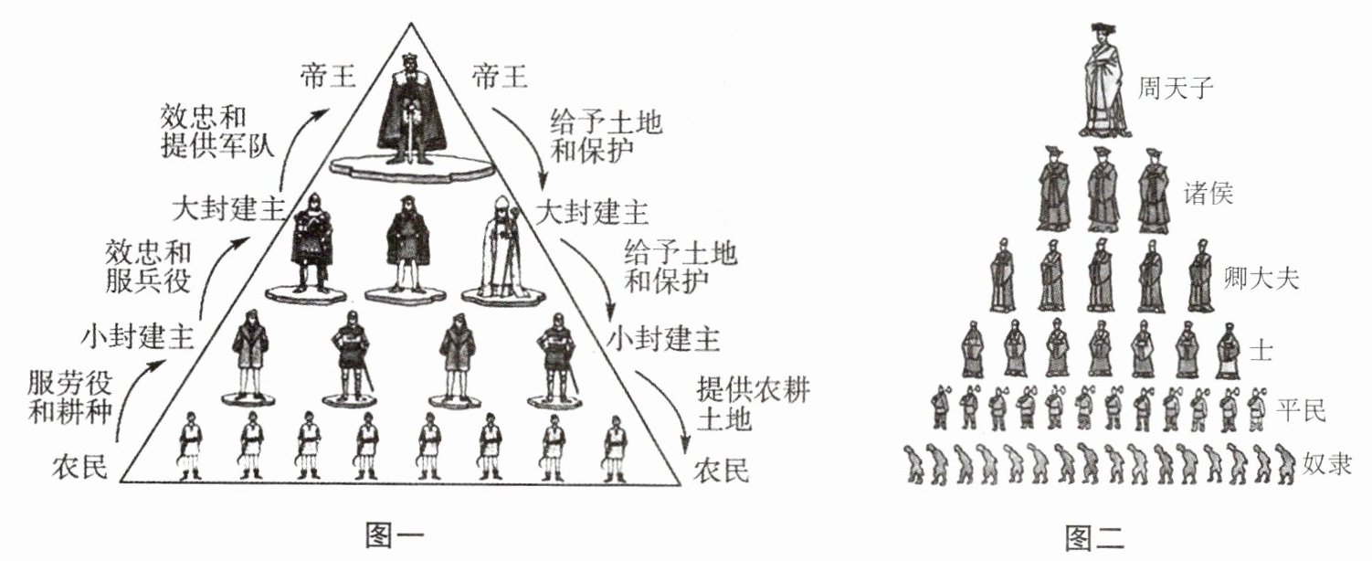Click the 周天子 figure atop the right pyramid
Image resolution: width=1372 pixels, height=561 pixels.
point(1103,80)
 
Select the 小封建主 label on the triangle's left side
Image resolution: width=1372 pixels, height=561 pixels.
point(138,339)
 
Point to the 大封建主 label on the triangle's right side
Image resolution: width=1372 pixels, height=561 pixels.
point(593,212)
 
